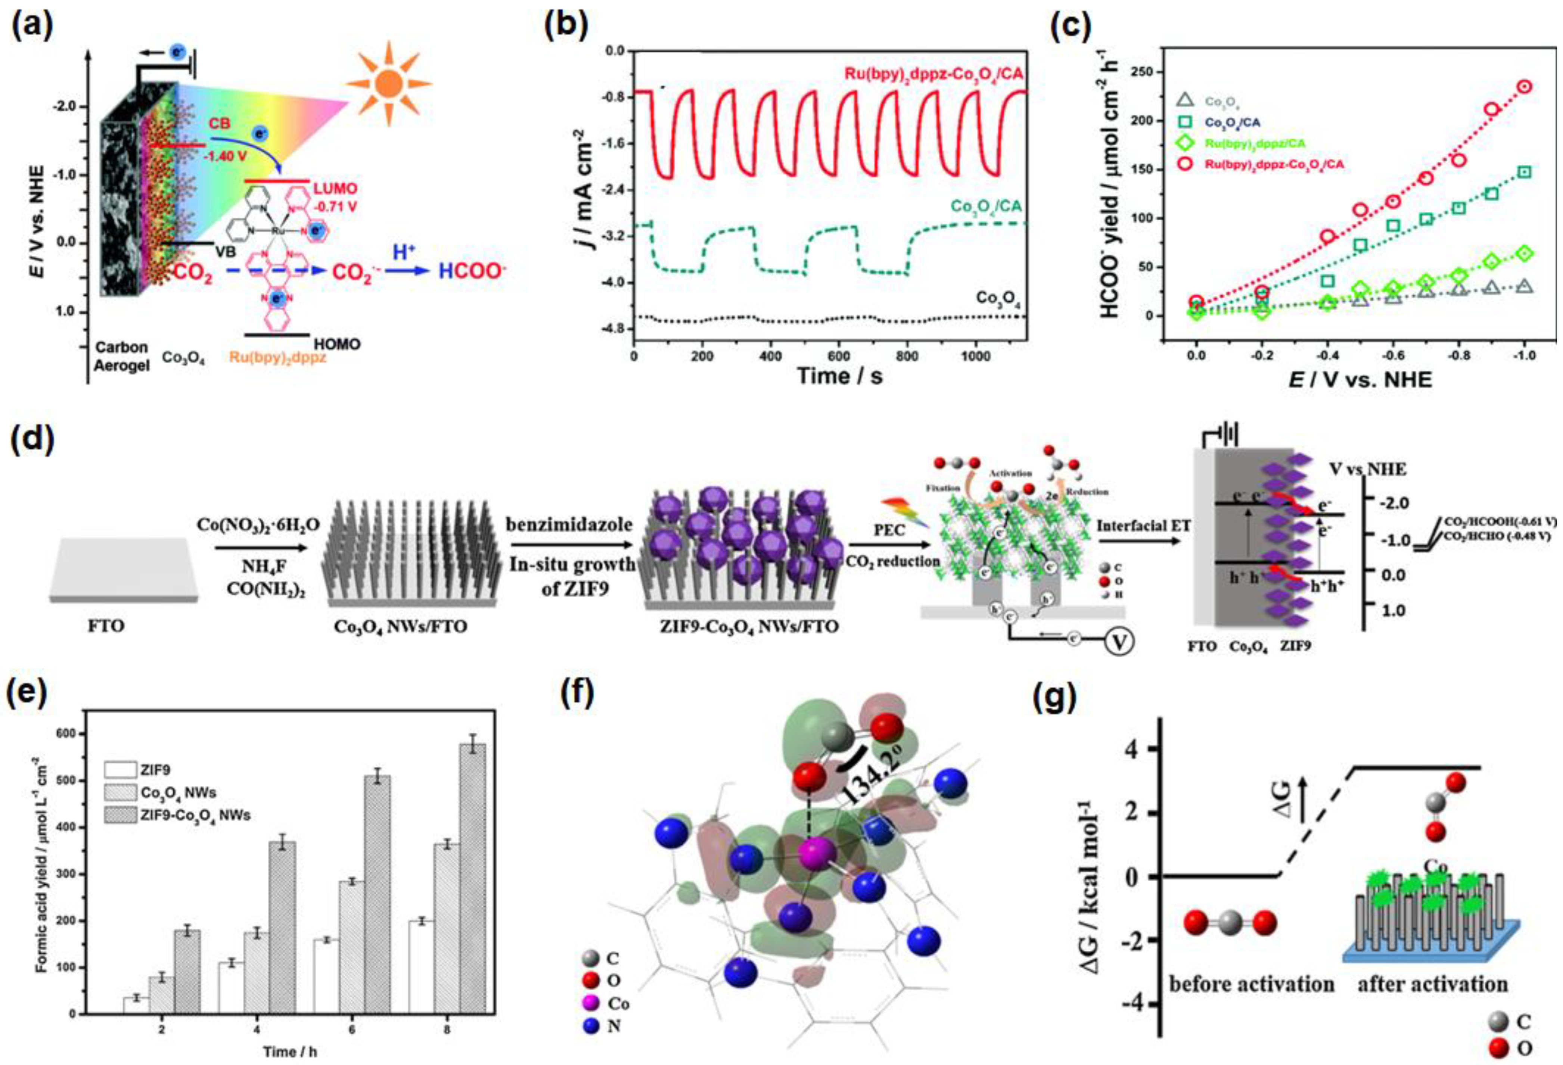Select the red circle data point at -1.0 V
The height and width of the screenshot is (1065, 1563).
[x=1525, y=87]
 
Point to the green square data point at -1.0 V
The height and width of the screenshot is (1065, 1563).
[x=1525, y=172]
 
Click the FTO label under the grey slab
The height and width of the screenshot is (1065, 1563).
[x=106, y=626]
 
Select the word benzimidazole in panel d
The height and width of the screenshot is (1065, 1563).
[x=570, y=524]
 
